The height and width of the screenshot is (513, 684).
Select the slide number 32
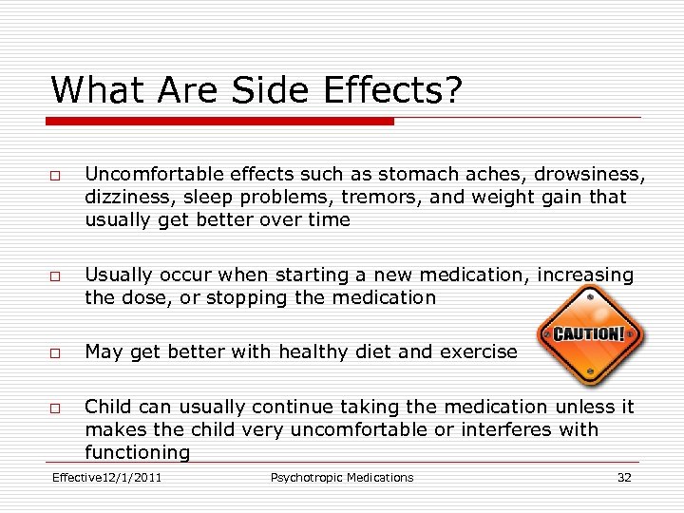tap(624, 477)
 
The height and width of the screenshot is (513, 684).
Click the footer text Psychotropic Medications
tap(342, 477)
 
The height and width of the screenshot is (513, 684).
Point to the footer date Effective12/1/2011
tap(106, 477)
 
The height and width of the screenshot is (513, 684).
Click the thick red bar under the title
tap(220, 122)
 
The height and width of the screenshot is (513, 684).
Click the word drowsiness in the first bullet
tap(589, 175)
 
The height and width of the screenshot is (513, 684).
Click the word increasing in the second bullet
tap(585, 275)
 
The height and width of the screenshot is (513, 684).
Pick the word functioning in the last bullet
tap(137, 452)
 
